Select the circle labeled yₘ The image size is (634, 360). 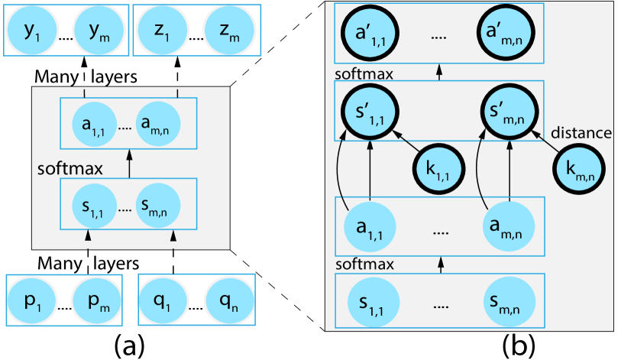(x=98, y=30)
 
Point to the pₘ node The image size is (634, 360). (x=98, y=300)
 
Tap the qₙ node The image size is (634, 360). (x=228, y=300)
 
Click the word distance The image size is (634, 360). (x=581, y=134)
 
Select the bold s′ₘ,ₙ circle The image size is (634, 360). (x=508, y=112)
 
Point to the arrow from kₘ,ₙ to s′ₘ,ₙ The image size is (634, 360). (x=545, y=140)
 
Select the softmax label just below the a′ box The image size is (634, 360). (x=364, y=74)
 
